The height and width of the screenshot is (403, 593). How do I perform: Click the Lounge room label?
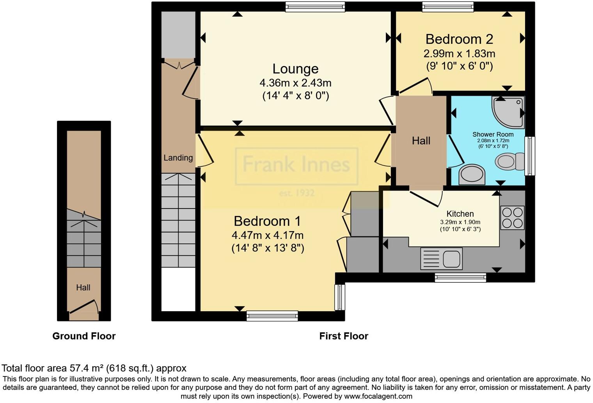(x=295, y=69)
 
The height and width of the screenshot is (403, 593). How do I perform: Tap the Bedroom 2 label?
(x=459, y=39)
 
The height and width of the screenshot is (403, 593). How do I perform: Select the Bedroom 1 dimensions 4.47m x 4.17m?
(x=267, y=235)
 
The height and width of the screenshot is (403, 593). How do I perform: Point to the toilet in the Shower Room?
(x=510, y=161)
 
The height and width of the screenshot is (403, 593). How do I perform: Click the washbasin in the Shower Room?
(x=472, y=175)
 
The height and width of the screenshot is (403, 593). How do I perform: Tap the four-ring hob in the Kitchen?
(x=512, y=218)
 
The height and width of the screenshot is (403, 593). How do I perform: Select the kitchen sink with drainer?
(x=441, y=259)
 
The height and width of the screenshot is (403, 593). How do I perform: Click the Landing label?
(x=178, y=158)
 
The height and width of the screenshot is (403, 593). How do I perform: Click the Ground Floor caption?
(x=84, y=336)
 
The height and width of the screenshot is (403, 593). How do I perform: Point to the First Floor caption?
(x=343, y=336)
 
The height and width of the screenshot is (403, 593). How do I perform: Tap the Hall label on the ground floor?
(x=83, y=288)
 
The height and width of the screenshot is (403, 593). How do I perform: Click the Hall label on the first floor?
(x=421, y=141)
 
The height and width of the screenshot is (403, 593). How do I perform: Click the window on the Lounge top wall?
(x=315, y=7)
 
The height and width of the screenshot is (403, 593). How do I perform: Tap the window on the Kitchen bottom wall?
(x=460, y=278)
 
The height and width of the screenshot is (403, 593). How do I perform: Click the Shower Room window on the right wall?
(x=530, y=156)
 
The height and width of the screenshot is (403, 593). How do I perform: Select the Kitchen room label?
(x=460, y=214)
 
